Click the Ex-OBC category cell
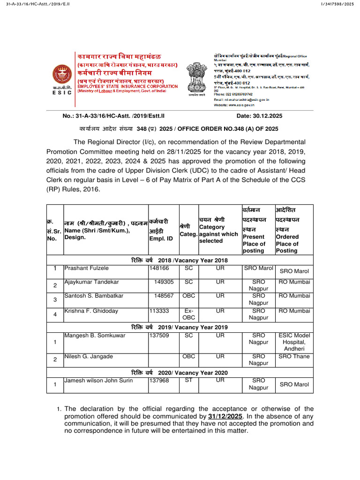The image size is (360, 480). pos(188,314)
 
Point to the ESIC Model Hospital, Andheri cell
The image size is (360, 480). pos(294,342)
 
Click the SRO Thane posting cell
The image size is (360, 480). pos(294,357)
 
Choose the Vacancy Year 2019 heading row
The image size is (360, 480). pos(180,327)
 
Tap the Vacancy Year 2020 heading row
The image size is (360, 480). pos(180,373)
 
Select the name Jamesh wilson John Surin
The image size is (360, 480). pos(98,381)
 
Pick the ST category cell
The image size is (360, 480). pos(188,380)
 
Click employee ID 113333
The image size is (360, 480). pos(160,311)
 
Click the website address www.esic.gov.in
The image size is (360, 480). pos(248,105)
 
